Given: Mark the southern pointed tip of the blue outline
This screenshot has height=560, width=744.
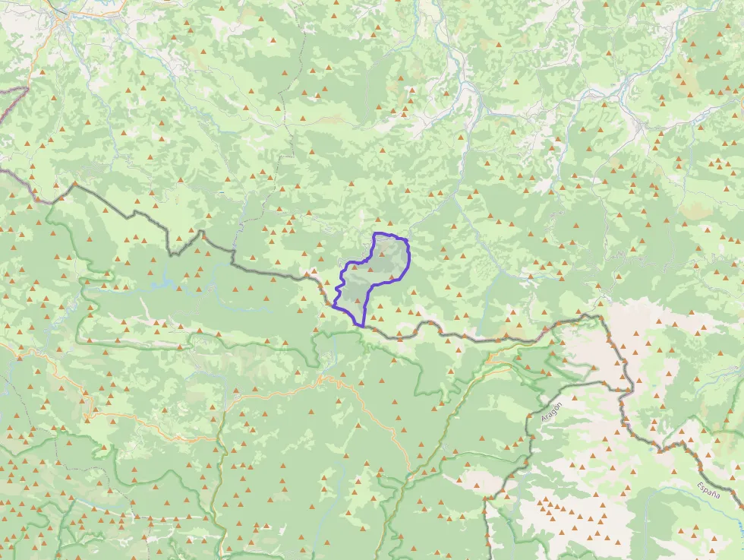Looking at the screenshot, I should tap(362, 326).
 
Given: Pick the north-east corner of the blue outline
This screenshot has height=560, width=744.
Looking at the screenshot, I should tap(406, 241).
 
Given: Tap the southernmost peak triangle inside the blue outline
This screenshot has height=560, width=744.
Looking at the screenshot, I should tap(357, 302).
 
